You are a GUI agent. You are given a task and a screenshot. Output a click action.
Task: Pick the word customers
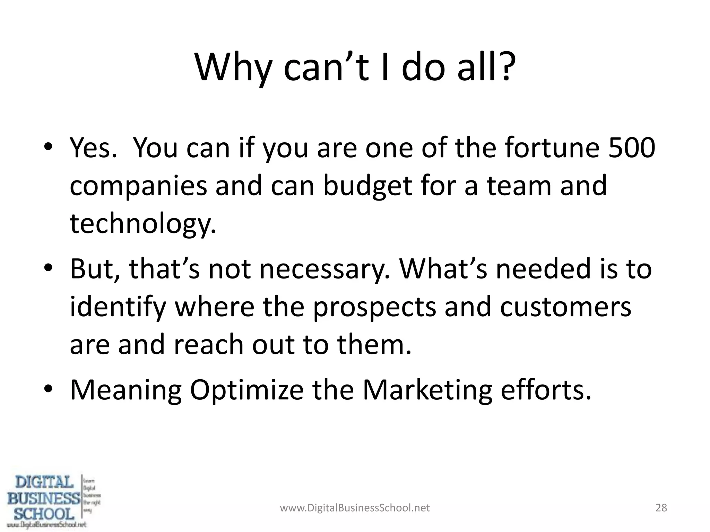tap(565, 308)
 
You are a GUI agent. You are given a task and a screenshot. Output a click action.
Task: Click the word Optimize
tap(246, 390)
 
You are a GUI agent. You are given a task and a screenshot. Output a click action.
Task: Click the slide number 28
tap(661, 508)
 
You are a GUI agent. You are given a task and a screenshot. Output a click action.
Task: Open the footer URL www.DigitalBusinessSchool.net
tap(355, 508)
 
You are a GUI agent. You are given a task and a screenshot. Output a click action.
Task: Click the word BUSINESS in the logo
tap(43, 499)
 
